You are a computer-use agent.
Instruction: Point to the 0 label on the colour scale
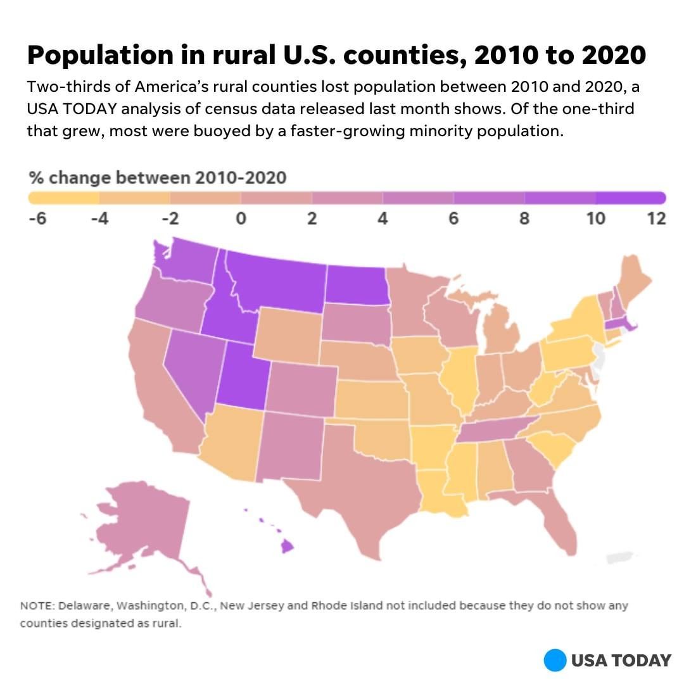(240, 219)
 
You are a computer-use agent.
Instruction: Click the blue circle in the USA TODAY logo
(554, 660)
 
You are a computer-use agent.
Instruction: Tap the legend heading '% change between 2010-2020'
(158, 177)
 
